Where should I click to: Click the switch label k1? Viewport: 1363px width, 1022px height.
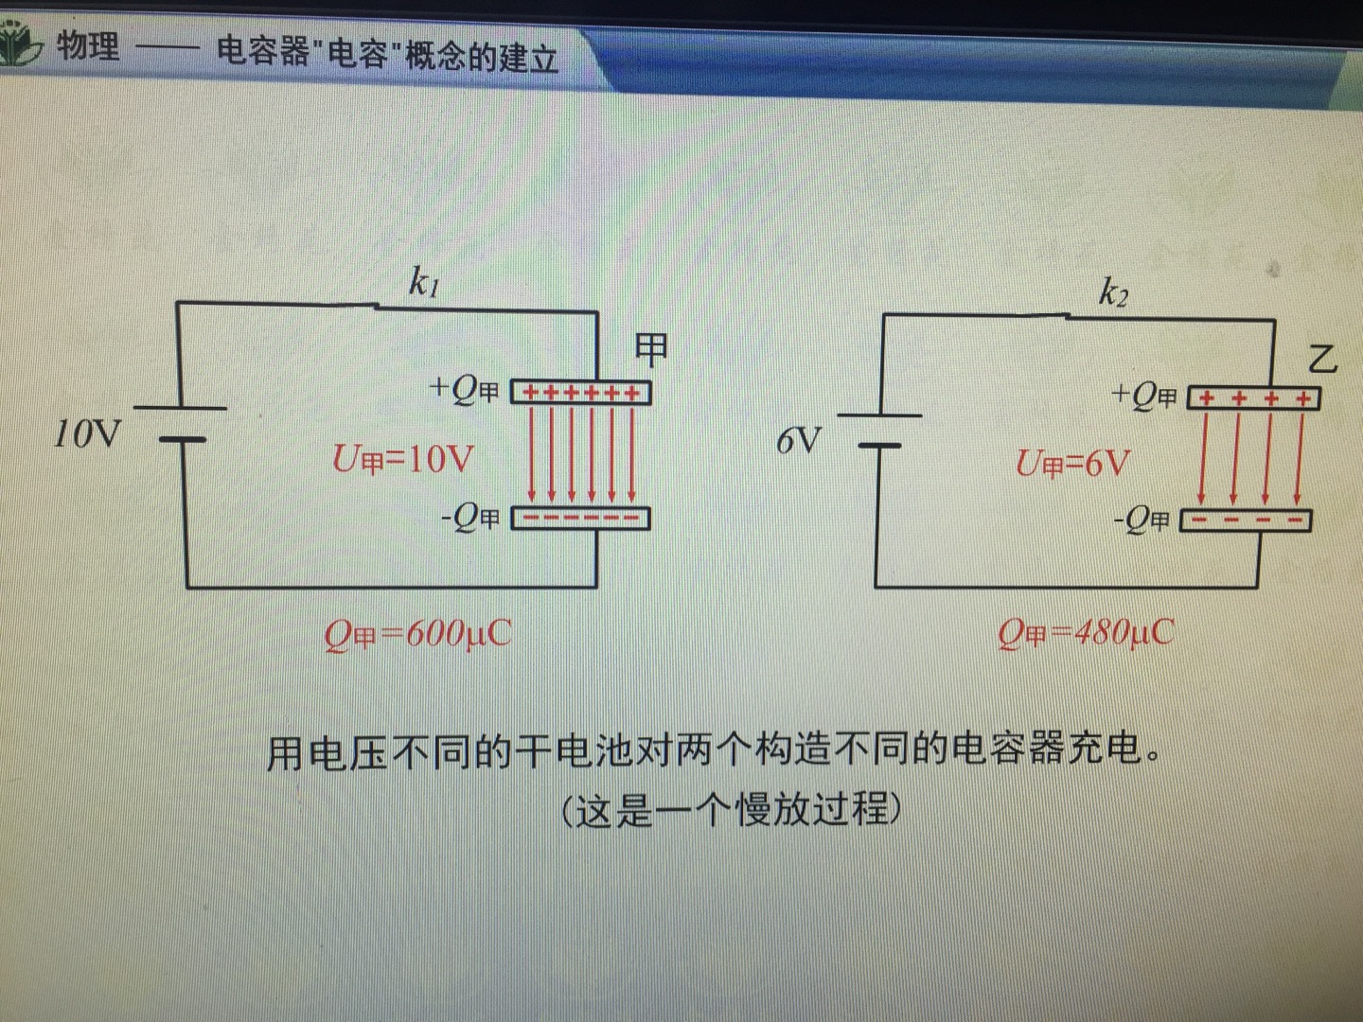pos(424,282)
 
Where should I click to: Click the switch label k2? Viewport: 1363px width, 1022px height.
pos(1113,293)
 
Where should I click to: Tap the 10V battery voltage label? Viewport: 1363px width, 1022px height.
pos(87,434)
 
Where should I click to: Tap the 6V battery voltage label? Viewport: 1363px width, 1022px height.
pos(798,441)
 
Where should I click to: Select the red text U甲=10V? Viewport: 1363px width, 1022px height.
pos(402,459)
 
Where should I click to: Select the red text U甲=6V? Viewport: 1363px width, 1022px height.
pos(1072,464)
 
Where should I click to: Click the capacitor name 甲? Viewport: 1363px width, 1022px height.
pos(651,349)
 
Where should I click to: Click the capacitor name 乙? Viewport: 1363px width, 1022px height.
pos(1321,359)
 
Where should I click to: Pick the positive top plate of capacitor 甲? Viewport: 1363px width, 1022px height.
pos(581,392)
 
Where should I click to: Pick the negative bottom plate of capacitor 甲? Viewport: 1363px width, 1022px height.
pos(580,518)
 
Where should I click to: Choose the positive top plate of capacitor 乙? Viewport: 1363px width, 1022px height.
pos(1253,398)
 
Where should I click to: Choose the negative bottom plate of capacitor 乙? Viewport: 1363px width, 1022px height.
pos(1246,520)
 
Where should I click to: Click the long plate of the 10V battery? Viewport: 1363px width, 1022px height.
pos(180,408)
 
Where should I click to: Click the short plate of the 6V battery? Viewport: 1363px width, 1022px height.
pos(879,445)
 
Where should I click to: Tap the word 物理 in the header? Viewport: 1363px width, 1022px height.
pos(88,45)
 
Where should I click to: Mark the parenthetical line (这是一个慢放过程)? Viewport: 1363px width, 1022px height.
pos(732,810)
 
